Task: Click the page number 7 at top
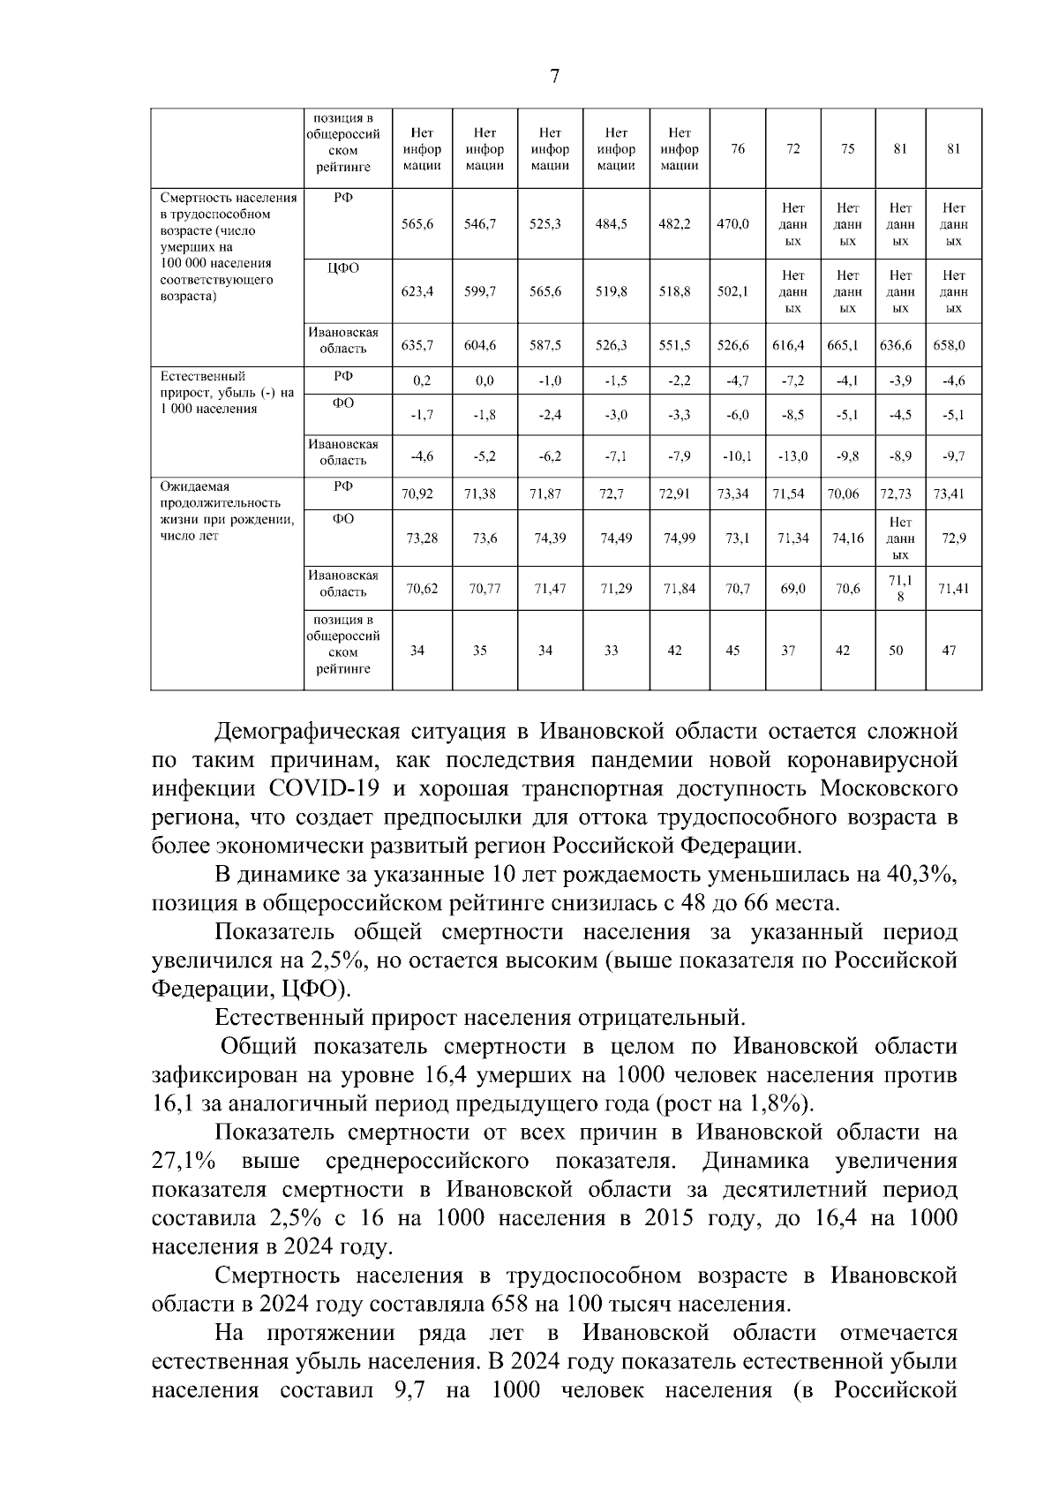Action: [x=554, y=77]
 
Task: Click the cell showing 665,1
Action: [x=847, y=345]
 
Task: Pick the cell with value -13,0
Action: [x=792, y=456]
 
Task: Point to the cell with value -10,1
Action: [x=737, y=456]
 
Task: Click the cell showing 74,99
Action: [x=680, y=538]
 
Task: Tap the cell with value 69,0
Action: [x=792, y=588]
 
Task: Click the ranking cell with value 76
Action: [x=737, y=149]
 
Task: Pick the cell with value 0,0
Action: [x=484, y=381]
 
